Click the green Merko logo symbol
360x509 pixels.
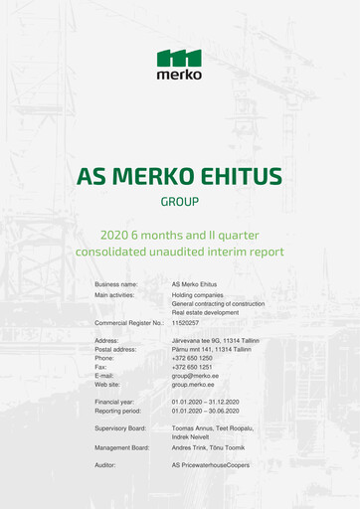179,58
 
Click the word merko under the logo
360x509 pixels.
179,74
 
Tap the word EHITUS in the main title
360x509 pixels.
238,177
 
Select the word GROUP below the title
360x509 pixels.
180,202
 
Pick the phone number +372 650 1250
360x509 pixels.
192,358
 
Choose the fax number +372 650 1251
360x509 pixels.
192,368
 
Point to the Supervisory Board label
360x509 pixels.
120,427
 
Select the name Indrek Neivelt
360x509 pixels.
193,436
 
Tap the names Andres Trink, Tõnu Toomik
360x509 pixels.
208,447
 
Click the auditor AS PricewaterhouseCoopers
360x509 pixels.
211,464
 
